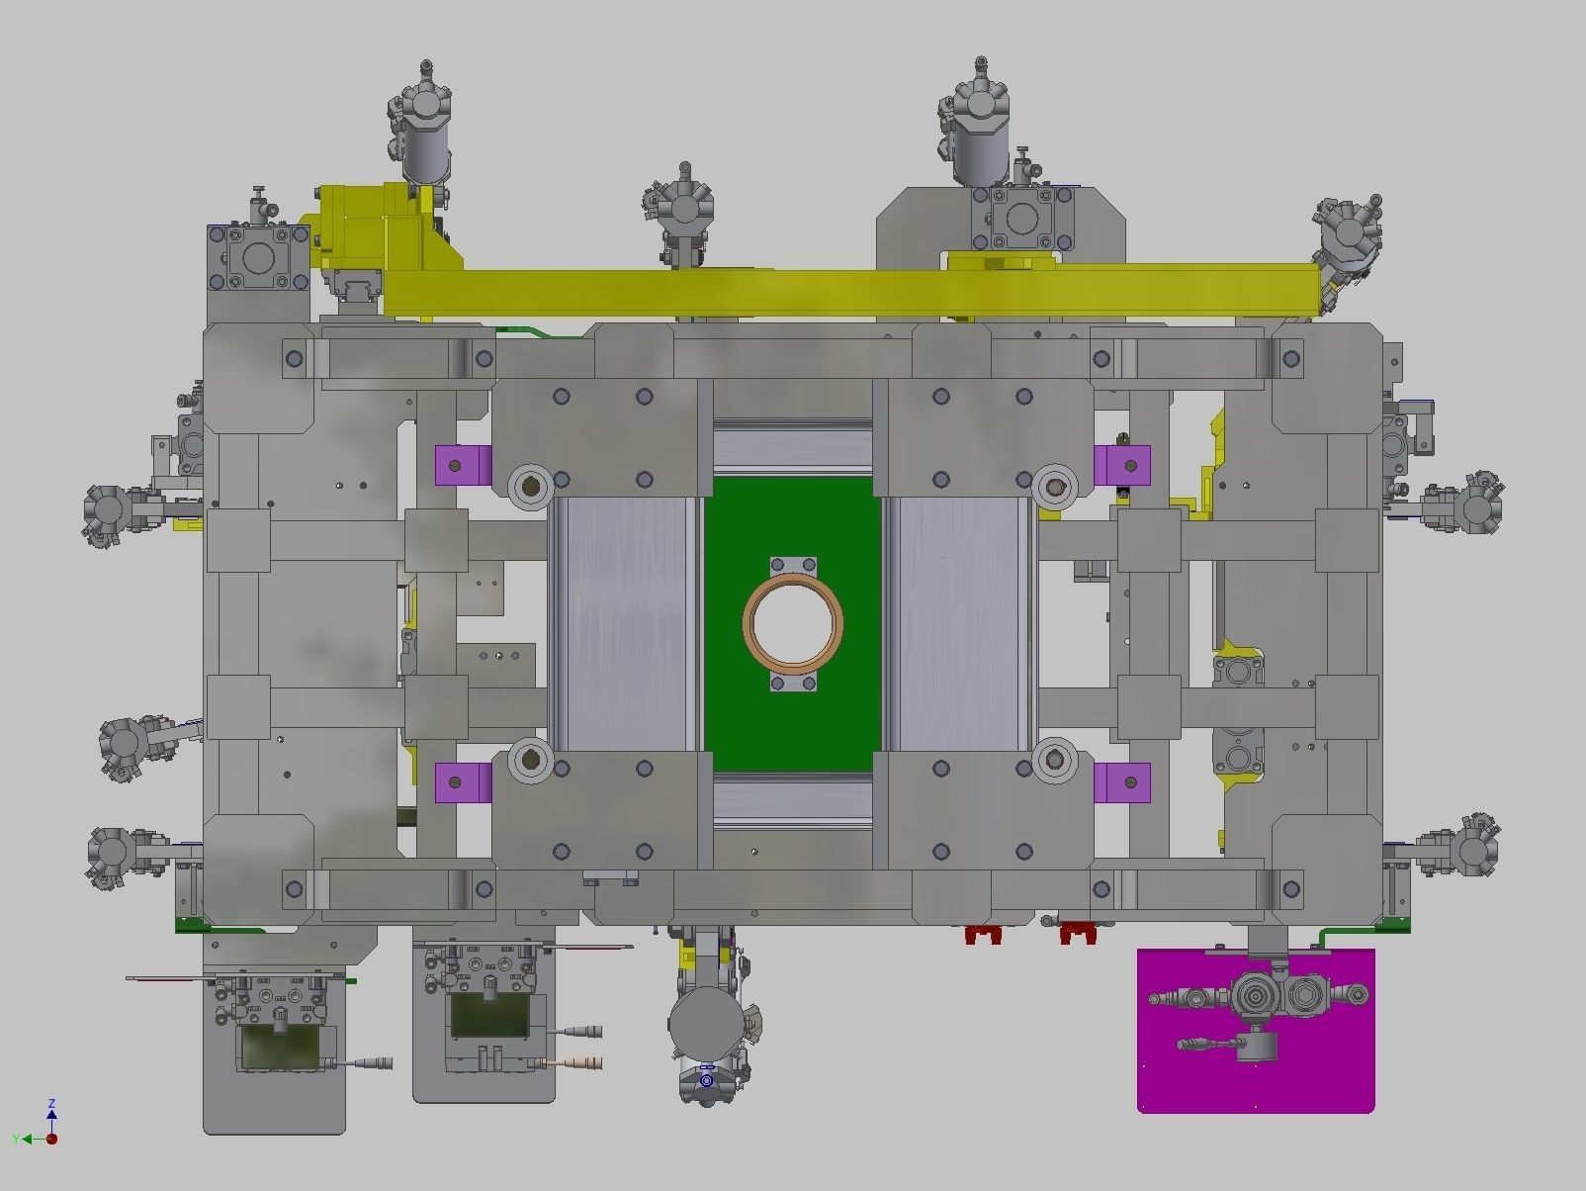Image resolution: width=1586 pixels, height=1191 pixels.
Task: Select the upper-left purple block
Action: coord(464,465)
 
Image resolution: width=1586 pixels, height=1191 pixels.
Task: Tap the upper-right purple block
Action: coord(1122,464)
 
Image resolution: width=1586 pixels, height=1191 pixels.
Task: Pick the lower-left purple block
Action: coord(464,782)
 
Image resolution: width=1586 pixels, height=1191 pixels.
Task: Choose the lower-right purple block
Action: coord(1122,782)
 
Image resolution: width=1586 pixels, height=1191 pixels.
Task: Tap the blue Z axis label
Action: coord(51,1103)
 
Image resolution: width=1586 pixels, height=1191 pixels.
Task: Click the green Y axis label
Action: coord(17,1140)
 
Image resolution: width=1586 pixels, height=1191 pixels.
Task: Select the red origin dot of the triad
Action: coord(51,1139)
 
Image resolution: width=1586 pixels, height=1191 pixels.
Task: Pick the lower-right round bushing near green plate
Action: coord(1054,759)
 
